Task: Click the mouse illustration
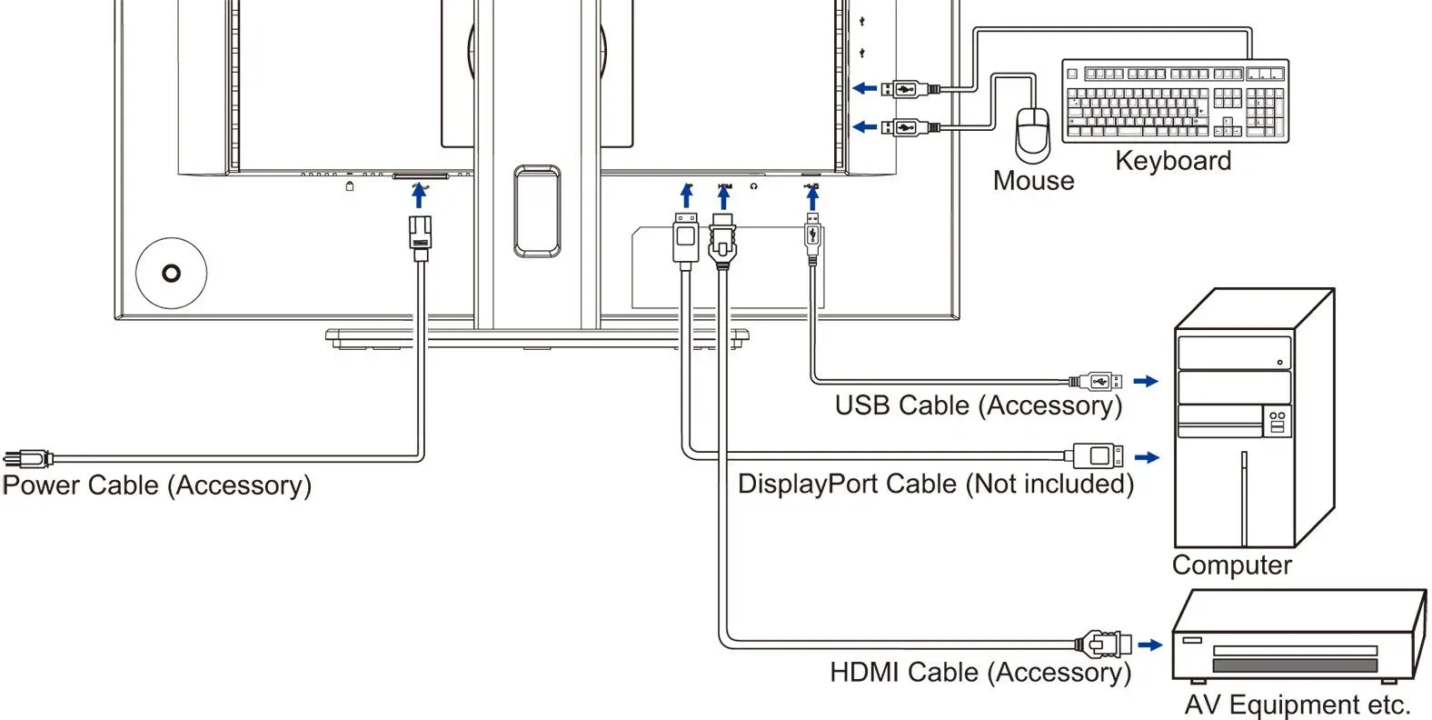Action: [x=1032, y=135]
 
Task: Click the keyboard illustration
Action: [x=1175, y=100]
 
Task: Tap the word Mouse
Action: [x=1033, y=181]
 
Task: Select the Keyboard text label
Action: [x=1173, y=161]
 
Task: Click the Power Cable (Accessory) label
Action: [x=156, y=485]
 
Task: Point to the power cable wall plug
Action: [x=28, y=458]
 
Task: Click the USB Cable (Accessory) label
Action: [x=978, y=406]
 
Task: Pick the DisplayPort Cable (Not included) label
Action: [x=936, y=484]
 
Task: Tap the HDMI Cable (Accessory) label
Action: [x=980, y=673]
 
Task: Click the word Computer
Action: [x=1231, y=565]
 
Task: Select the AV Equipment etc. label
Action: [x=1298, y=705]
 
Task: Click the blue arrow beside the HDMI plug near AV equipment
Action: [x=1150, y=645]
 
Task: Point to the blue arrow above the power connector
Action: [x=419, y=195]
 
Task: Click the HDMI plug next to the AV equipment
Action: [x=1103, y=644]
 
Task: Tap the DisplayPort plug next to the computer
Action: [x=1093, y=456]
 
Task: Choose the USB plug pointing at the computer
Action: [x=1095, y=382]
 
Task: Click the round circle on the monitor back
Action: [x=172, y=274]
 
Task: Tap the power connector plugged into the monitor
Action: [x=420, y=238]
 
